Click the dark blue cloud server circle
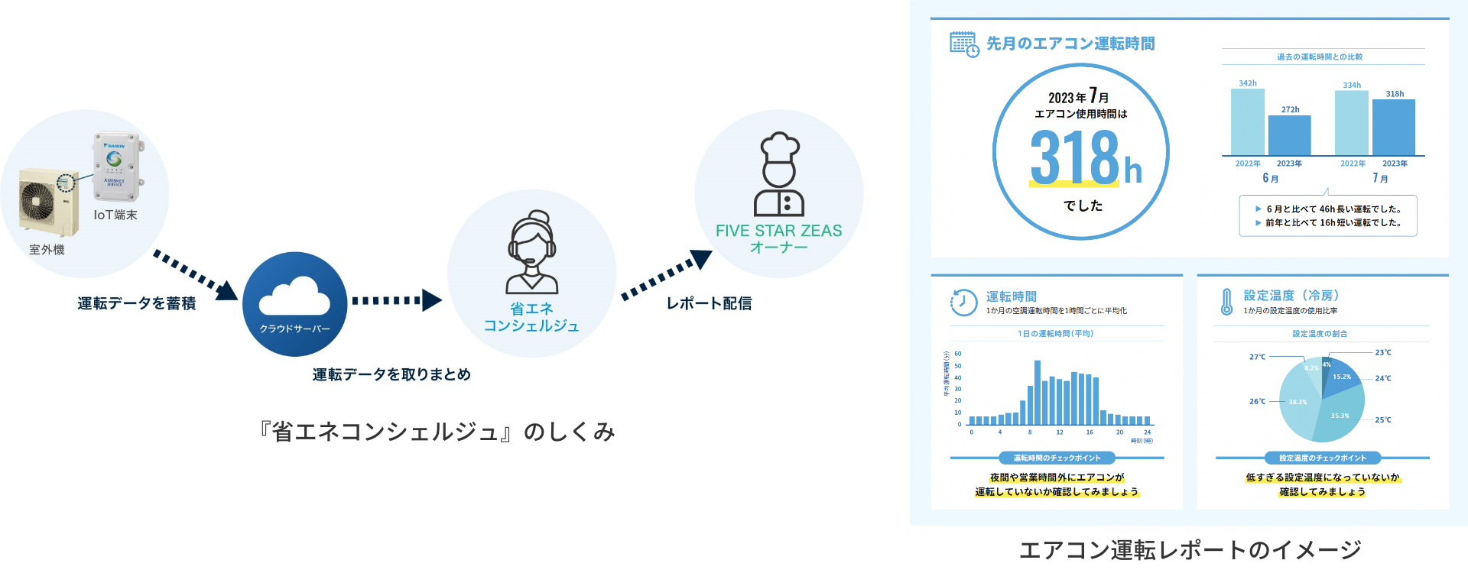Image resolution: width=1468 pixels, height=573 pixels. [x=294, y=303]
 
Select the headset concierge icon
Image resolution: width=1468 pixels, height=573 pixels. [x=532, y=252]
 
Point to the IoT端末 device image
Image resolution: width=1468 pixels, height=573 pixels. [x=118, y=167]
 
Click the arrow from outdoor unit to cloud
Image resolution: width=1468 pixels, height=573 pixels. [x=195, y=274]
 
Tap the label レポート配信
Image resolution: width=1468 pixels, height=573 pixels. [x=709, y=303]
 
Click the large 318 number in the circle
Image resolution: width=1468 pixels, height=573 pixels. [x=1074, y=157]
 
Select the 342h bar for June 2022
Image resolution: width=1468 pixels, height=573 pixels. [x=1247, y=122]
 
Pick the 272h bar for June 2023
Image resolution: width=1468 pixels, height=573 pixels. [x=1289, y=135]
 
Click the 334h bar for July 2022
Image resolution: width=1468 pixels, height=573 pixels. [x=1351, y=123]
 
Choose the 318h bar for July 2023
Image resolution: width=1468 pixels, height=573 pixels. [x=1393, y=128]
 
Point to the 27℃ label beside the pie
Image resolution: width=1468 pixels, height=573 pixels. [x=1257, y=357]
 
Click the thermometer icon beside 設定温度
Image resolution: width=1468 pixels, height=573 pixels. [x=1226, y=302]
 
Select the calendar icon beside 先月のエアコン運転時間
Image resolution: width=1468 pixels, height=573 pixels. [x=963, y=44]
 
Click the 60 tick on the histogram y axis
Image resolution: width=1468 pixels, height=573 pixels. [x=958, y=354]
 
